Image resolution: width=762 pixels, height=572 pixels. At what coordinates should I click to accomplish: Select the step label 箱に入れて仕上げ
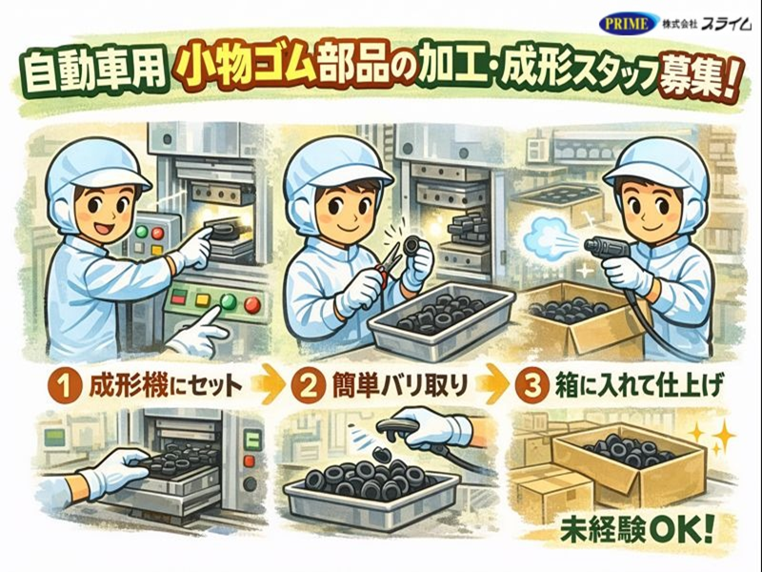(638, 387)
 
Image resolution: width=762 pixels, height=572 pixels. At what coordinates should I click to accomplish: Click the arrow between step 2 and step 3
(494, 387)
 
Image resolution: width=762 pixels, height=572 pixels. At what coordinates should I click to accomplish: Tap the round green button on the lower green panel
(226, 304)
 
